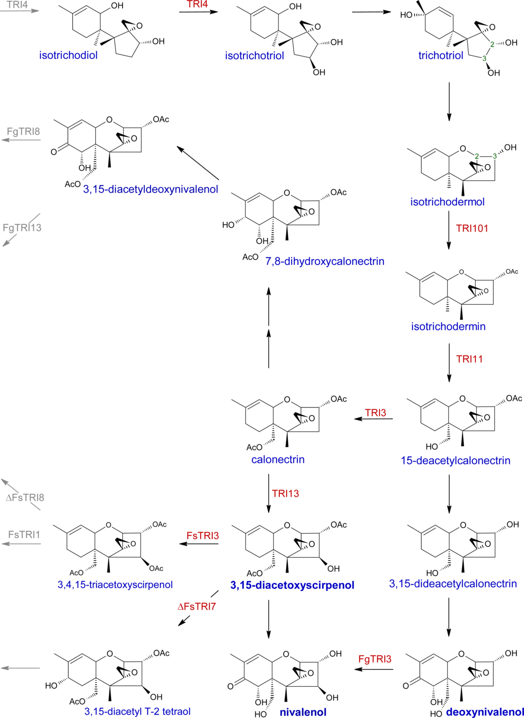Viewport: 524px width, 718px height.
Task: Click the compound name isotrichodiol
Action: (68, 55)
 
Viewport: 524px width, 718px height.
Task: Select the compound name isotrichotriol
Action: (254, 56)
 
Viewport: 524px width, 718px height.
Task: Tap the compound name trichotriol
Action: (441, 55)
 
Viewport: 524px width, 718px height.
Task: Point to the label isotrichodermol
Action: (447, 202)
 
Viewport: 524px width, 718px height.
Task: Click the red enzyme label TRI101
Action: (472, 228)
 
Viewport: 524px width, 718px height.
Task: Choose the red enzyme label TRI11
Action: (469, 359)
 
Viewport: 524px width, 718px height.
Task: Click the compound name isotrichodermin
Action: (448, 326)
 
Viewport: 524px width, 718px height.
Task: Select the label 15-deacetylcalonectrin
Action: (455, 460)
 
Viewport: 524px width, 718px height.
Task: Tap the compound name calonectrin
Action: (278, 459)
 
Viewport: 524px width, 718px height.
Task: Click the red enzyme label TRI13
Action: (286, 494)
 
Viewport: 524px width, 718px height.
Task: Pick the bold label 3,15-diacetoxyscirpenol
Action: (292, 585)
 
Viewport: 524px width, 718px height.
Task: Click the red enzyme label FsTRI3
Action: (203, 536)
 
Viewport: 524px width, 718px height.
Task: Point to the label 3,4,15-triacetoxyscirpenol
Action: (115, 584)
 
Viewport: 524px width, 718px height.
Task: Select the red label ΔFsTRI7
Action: (196, 606)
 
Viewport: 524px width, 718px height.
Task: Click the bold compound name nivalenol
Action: (303, 712)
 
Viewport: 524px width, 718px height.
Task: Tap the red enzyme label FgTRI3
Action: (375, 659)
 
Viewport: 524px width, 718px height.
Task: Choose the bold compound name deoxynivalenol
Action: (485, 712)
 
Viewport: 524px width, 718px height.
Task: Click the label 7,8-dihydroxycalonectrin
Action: (324, 261)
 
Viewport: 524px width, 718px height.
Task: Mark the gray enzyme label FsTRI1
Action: (24, 535)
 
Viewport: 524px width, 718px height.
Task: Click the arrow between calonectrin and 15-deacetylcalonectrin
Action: (374, 419)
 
